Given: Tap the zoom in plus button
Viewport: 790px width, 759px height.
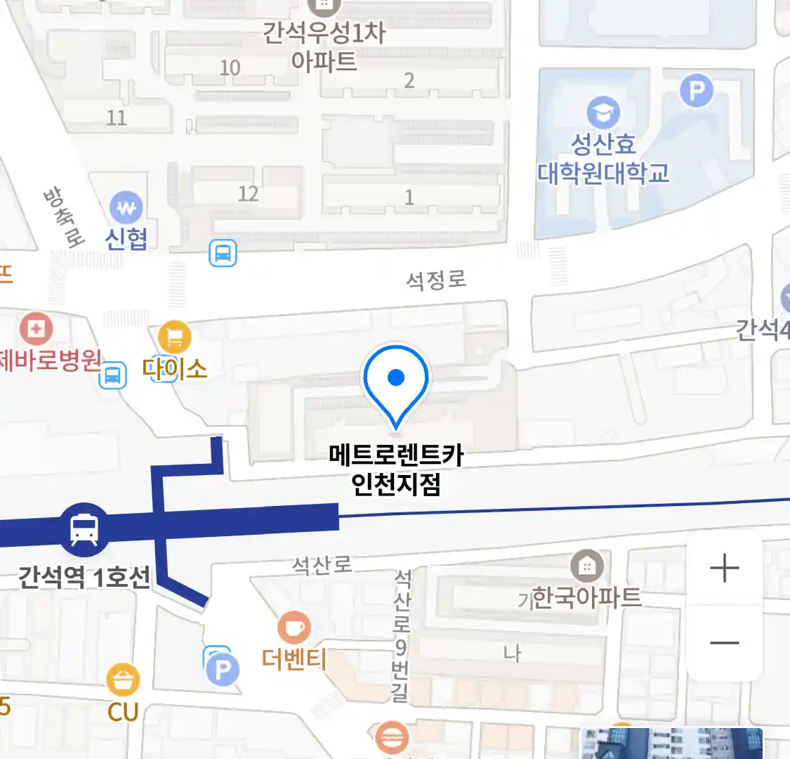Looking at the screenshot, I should (x=724, y=568).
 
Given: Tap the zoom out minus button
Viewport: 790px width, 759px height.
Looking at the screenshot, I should (x=724, y=642).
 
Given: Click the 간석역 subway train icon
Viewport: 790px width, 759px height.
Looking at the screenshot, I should (x=84, y=529).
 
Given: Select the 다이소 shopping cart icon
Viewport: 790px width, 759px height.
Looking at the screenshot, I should (x=175, y=337).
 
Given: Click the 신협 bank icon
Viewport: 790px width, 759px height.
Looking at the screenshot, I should (x=126, y=208).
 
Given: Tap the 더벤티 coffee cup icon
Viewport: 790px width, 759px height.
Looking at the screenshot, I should (x=294, y=627).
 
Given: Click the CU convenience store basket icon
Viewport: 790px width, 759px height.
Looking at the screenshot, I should (x=123, y=680).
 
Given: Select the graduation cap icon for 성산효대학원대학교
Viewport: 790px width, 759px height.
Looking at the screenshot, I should (x=603, y=112).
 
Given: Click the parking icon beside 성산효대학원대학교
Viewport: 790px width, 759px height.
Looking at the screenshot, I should (x=696, y=90).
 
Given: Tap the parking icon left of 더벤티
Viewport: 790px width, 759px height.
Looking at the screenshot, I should (x=222, y=670).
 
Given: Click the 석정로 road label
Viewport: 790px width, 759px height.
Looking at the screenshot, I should (x=436, y=280).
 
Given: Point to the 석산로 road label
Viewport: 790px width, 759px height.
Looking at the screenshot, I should (x=322, y=564).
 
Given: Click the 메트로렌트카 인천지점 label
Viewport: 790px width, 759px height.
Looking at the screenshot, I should (x=396, y=469).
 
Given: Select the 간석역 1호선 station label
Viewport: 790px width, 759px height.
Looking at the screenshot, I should (x=84, y=578).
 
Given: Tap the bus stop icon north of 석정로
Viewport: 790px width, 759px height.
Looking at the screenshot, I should (x=223, y=253).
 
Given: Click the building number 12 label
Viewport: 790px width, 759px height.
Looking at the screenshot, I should (x=248, y=193).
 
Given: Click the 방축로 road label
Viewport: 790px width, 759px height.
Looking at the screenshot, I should (x=64, y=216).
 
